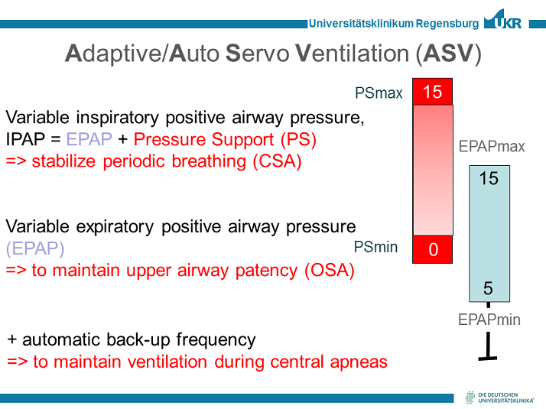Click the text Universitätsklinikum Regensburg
click(394, 23)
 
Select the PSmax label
click(379, 93)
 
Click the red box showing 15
click(432, 92)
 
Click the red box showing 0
click(432, 249)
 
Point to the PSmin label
click(375, 247)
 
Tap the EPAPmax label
click(492, 146)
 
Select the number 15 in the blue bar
click(489, 178)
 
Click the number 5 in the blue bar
click(489, 288)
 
